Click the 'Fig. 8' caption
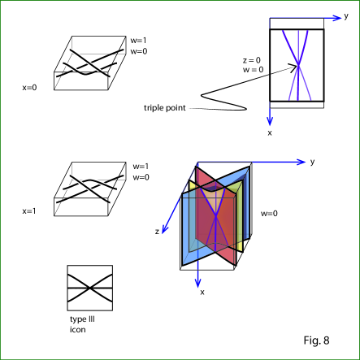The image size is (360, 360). point(316,340)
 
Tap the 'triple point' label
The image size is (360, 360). point(165,108)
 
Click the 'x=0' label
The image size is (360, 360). point(29,88)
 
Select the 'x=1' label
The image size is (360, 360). point(29,211)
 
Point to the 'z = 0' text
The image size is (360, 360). point(252,60)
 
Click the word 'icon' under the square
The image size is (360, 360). point(78,330)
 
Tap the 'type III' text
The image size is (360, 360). point(82,319)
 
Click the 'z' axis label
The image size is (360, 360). point(157,232)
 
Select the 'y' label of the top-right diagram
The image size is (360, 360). point(346,16)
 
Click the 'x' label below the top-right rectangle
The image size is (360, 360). point(270,132)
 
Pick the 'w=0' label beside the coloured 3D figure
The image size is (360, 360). point(269,214)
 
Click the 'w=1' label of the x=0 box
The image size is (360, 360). point(138,41)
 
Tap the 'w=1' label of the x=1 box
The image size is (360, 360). point(141,167)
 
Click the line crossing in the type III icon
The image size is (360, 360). point(89,288)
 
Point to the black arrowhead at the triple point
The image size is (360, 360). point(293,67)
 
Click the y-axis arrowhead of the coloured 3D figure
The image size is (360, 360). point(301,163)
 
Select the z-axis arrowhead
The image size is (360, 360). point(164,229)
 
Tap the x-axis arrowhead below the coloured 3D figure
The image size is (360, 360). point(198,283)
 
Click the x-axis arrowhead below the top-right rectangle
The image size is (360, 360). point(270,121)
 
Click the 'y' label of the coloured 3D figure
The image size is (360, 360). point(312,162)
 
